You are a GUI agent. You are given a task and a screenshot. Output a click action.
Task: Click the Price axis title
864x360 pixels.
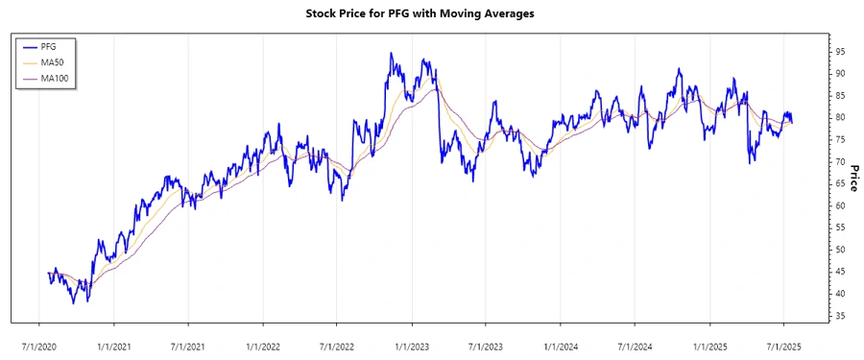[x=852, y=179]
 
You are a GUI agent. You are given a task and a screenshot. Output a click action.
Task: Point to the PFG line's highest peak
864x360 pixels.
[x=391, y=54]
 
